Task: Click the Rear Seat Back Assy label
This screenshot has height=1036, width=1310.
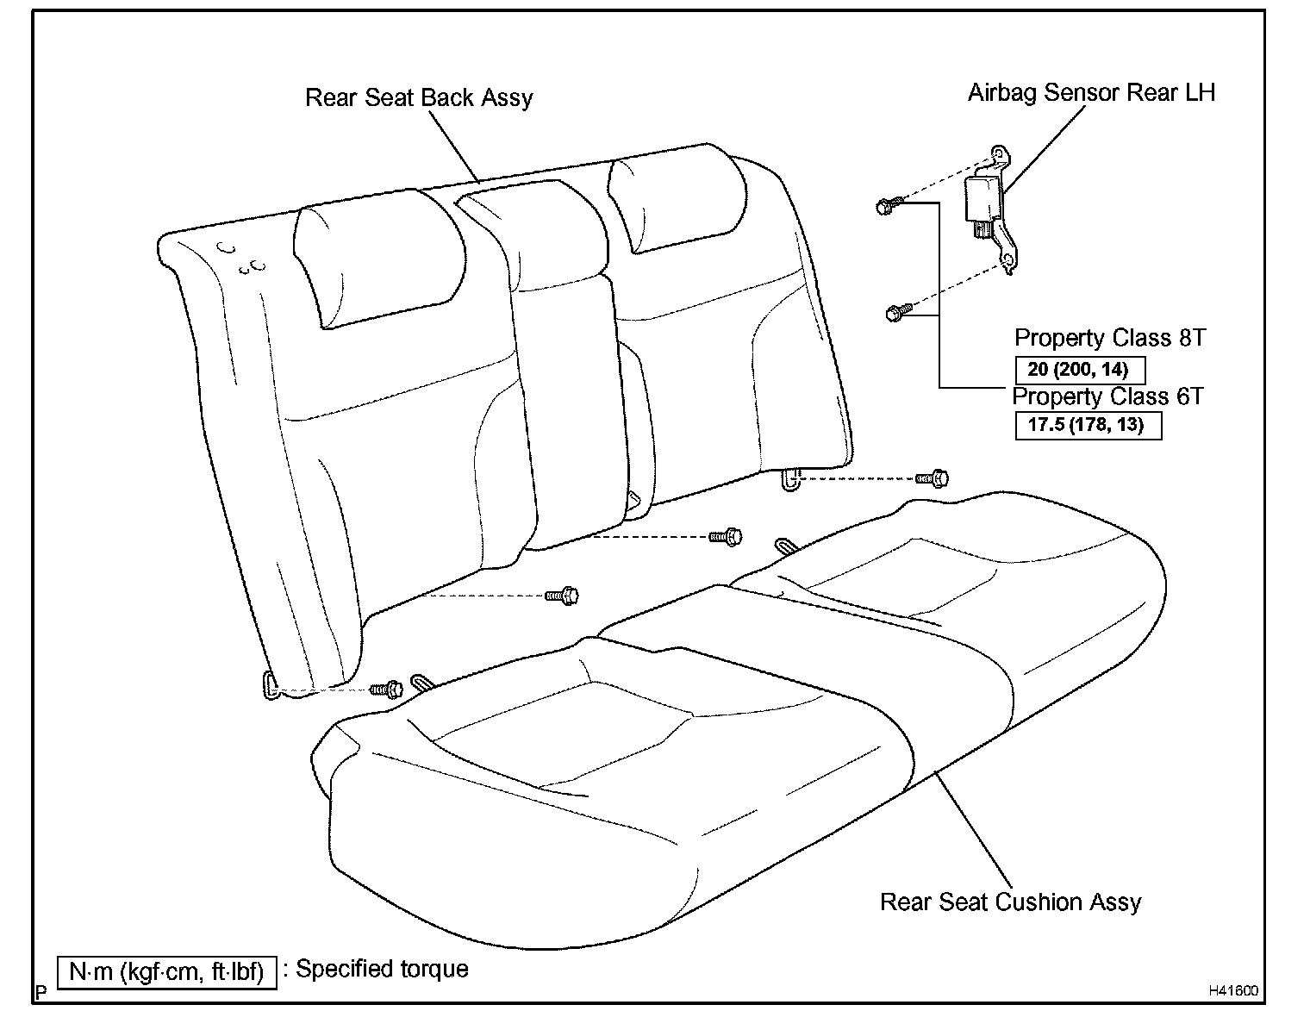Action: [419, 98]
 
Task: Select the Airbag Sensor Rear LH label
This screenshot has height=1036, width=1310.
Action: [1091, 93]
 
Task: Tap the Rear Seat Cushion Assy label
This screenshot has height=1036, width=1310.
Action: [1010, 902]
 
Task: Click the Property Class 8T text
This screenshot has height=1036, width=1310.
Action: [1109, 338]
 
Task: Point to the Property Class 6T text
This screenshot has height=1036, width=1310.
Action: [1107, 396]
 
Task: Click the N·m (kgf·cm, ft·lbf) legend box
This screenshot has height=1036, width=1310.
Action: [166, 972]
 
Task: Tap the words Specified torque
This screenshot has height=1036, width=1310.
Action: [383, 969]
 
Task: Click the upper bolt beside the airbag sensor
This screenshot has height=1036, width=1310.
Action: [888, 206]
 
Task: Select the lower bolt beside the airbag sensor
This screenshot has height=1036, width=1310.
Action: [896, 313]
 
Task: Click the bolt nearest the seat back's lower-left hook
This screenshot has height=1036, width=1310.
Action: [387, 689]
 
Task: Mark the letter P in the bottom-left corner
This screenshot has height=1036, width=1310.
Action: [40, 991]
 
